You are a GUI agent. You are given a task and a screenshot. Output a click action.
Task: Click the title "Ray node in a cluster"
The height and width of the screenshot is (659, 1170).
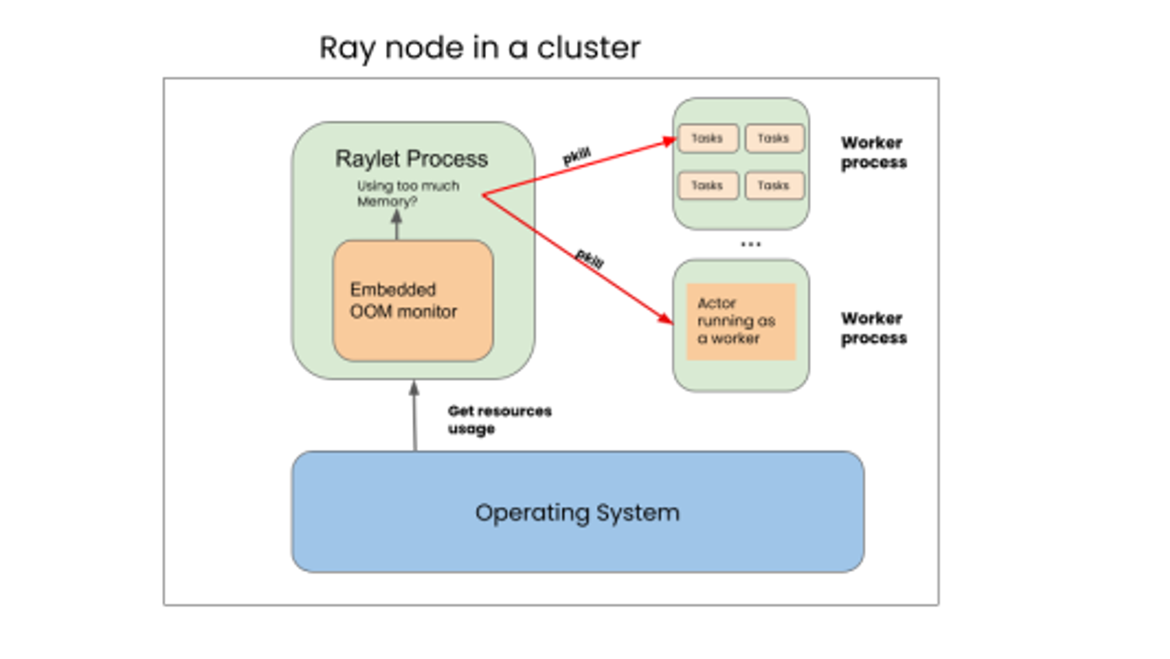coord(480,48)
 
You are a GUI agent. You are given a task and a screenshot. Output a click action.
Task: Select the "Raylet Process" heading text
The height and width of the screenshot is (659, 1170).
coord(411,159)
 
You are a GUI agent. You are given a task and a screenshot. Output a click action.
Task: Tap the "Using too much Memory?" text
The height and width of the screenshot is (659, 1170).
coord(408,193)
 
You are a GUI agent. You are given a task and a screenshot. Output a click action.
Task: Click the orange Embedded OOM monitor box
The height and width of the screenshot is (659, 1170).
coord(413,300)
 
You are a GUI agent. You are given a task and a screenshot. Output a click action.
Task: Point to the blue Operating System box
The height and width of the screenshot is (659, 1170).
coord(577,512)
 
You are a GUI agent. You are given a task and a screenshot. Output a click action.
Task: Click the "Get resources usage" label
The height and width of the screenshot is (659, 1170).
coord(499,420)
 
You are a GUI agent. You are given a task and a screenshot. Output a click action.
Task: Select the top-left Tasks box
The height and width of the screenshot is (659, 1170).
coord(707,139)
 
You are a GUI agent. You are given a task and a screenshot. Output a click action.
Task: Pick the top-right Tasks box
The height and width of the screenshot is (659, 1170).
coord(774,139)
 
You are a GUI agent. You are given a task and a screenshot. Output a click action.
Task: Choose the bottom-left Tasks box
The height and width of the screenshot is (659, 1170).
coord(707,186)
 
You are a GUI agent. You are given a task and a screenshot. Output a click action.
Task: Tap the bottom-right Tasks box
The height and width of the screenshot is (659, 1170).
coord(774,186)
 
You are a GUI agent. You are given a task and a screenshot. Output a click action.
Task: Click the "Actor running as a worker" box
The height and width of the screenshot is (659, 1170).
coord(741,321)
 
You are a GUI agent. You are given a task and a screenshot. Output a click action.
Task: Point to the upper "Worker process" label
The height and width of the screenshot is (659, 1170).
coord(873,152)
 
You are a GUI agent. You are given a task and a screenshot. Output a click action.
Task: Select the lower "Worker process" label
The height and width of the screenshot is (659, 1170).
coord(873,328)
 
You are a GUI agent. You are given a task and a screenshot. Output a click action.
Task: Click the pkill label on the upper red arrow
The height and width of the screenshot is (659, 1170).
coord(577,156)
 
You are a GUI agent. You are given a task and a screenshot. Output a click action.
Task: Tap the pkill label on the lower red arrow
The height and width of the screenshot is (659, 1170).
coord(589,258)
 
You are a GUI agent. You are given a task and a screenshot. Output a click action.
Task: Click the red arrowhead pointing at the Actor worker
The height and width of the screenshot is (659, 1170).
coord(666,318)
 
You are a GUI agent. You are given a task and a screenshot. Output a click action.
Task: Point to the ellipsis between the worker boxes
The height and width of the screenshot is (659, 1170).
coord(751,244)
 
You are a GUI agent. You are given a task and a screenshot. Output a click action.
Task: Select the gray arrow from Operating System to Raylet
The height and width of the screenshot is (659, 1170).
coord(415,416)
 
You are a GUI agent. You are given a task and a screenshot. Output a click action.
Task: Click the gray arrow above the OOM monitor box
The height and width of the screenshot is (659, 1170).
coord(397,225)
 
